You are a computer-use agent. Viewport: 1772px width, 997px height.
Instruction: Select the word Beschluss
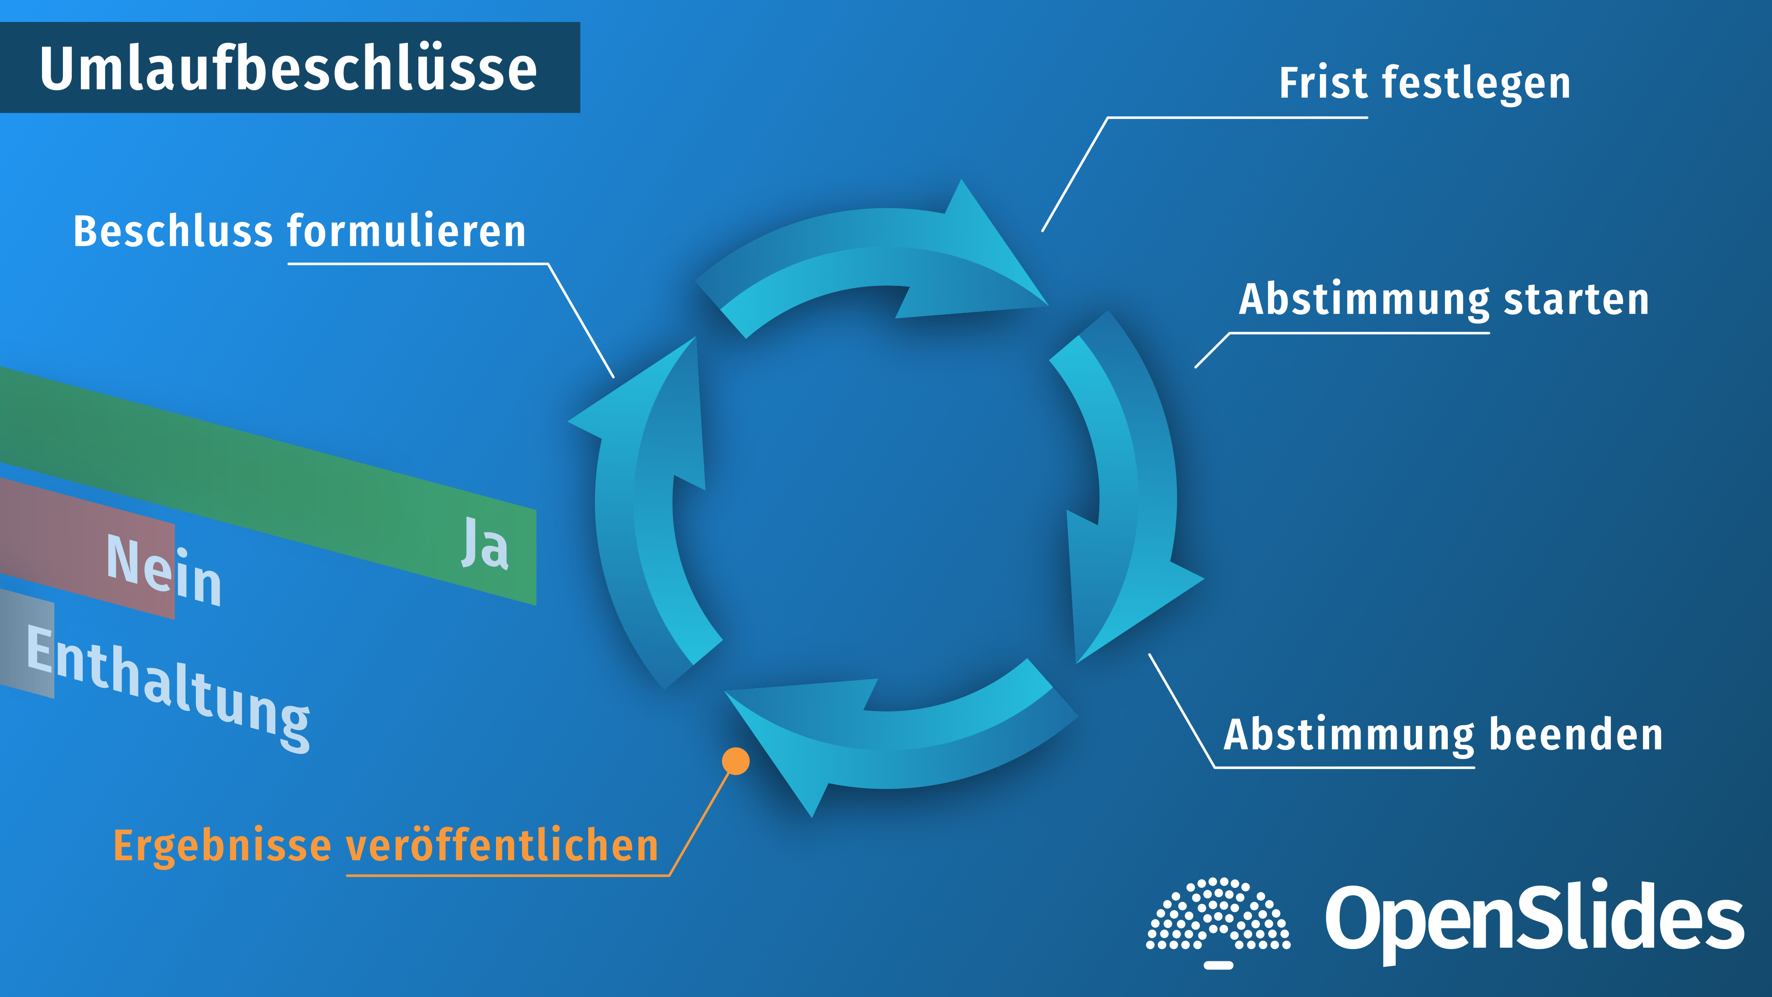coord(173,231)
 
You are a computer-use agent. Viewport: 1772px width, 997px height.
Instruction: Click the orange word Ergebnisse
coord(222,846)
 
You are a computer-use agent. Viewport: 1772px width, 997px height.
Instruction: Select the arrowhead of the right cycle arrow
coord(1128,585)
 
